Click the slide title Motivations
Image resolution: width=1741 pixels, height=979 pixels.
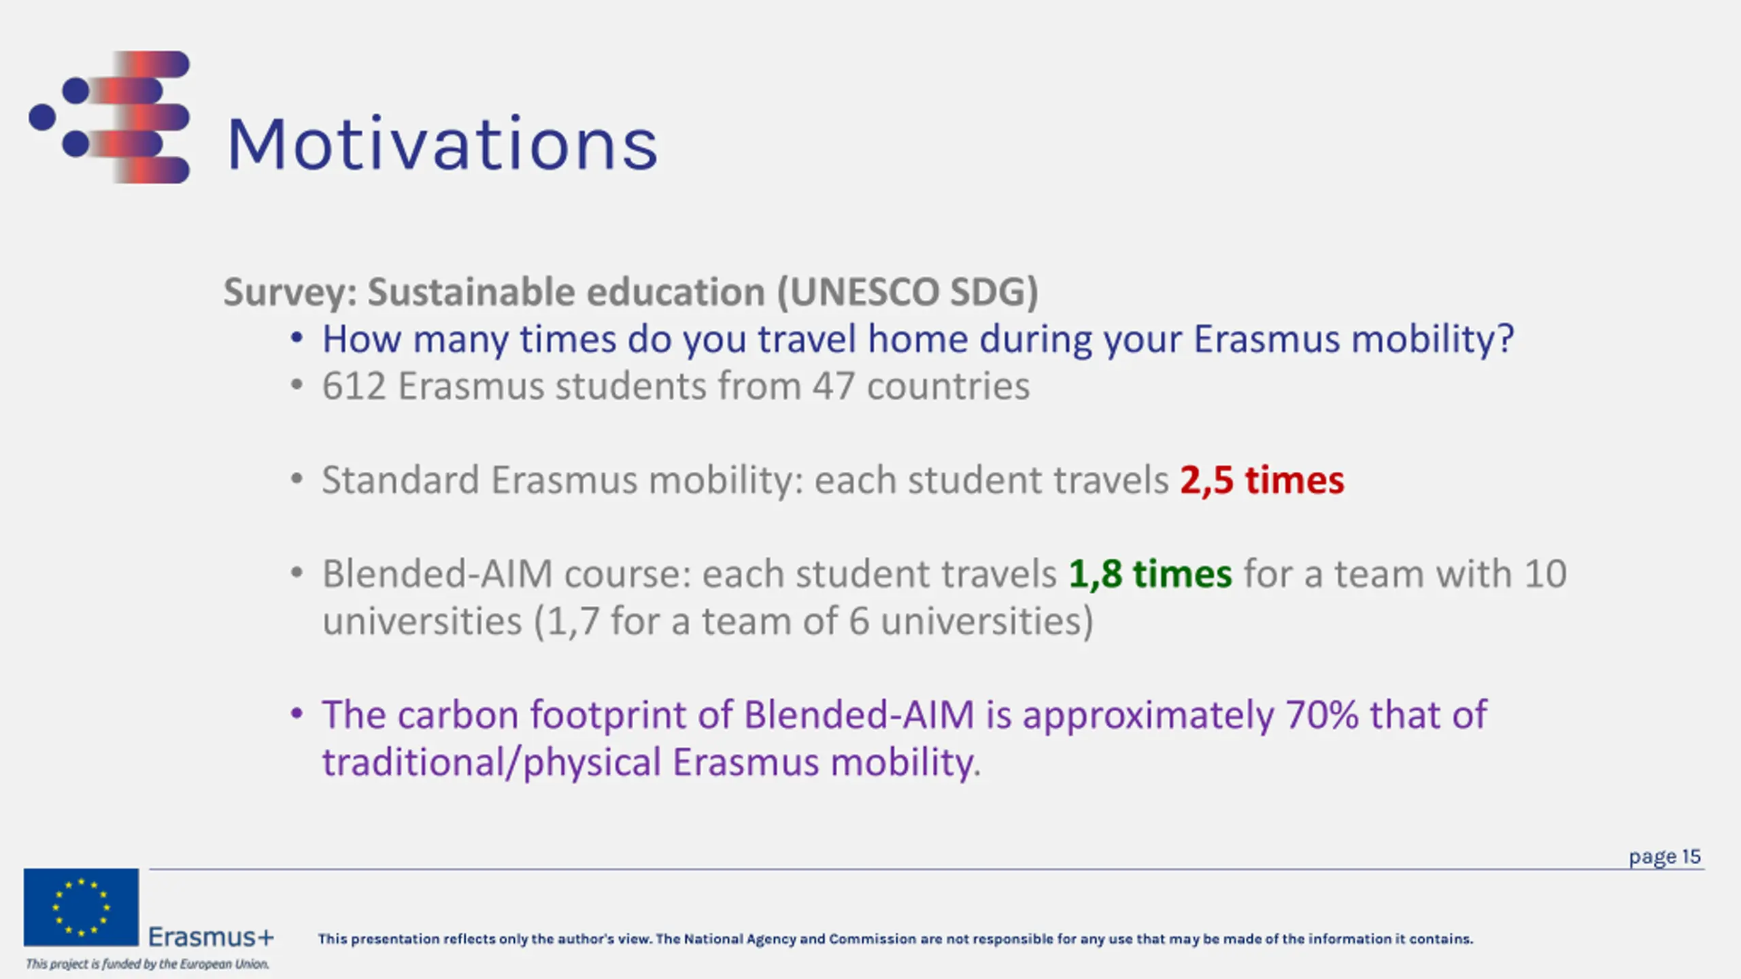pos(442,144)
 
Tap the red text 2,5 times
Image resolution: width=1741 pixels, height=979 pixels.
pos(1262,480)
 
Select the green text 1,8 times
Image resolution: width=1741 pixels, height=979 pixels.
pos(1150,574)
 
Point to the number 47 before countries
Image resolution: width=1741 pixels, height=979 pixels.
pos(833,386)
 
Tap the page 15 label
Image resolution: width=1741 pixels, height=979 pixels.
pos(1664,857)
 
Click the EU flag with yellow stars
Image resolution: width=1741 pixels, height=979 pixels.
pos(81,907)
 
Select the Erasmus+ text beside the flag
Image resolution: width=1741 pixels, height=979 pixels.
pos(211,937)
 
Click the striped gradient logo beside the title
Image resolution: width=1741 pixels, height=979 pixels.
pos(109,117)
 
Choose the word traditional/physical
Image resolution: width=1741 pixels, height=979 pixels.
pos(491,763)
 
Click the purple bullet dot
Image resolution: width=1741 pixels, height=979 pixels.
pos(297,714)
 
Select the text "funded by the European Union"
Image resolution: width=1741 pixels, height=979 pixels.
pos(186,964)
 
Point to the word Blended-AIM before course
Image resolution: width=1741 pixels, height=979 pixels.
pos(437,574)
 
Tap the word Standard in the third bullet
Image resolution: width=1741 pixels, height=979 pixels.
pos(401,480)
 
